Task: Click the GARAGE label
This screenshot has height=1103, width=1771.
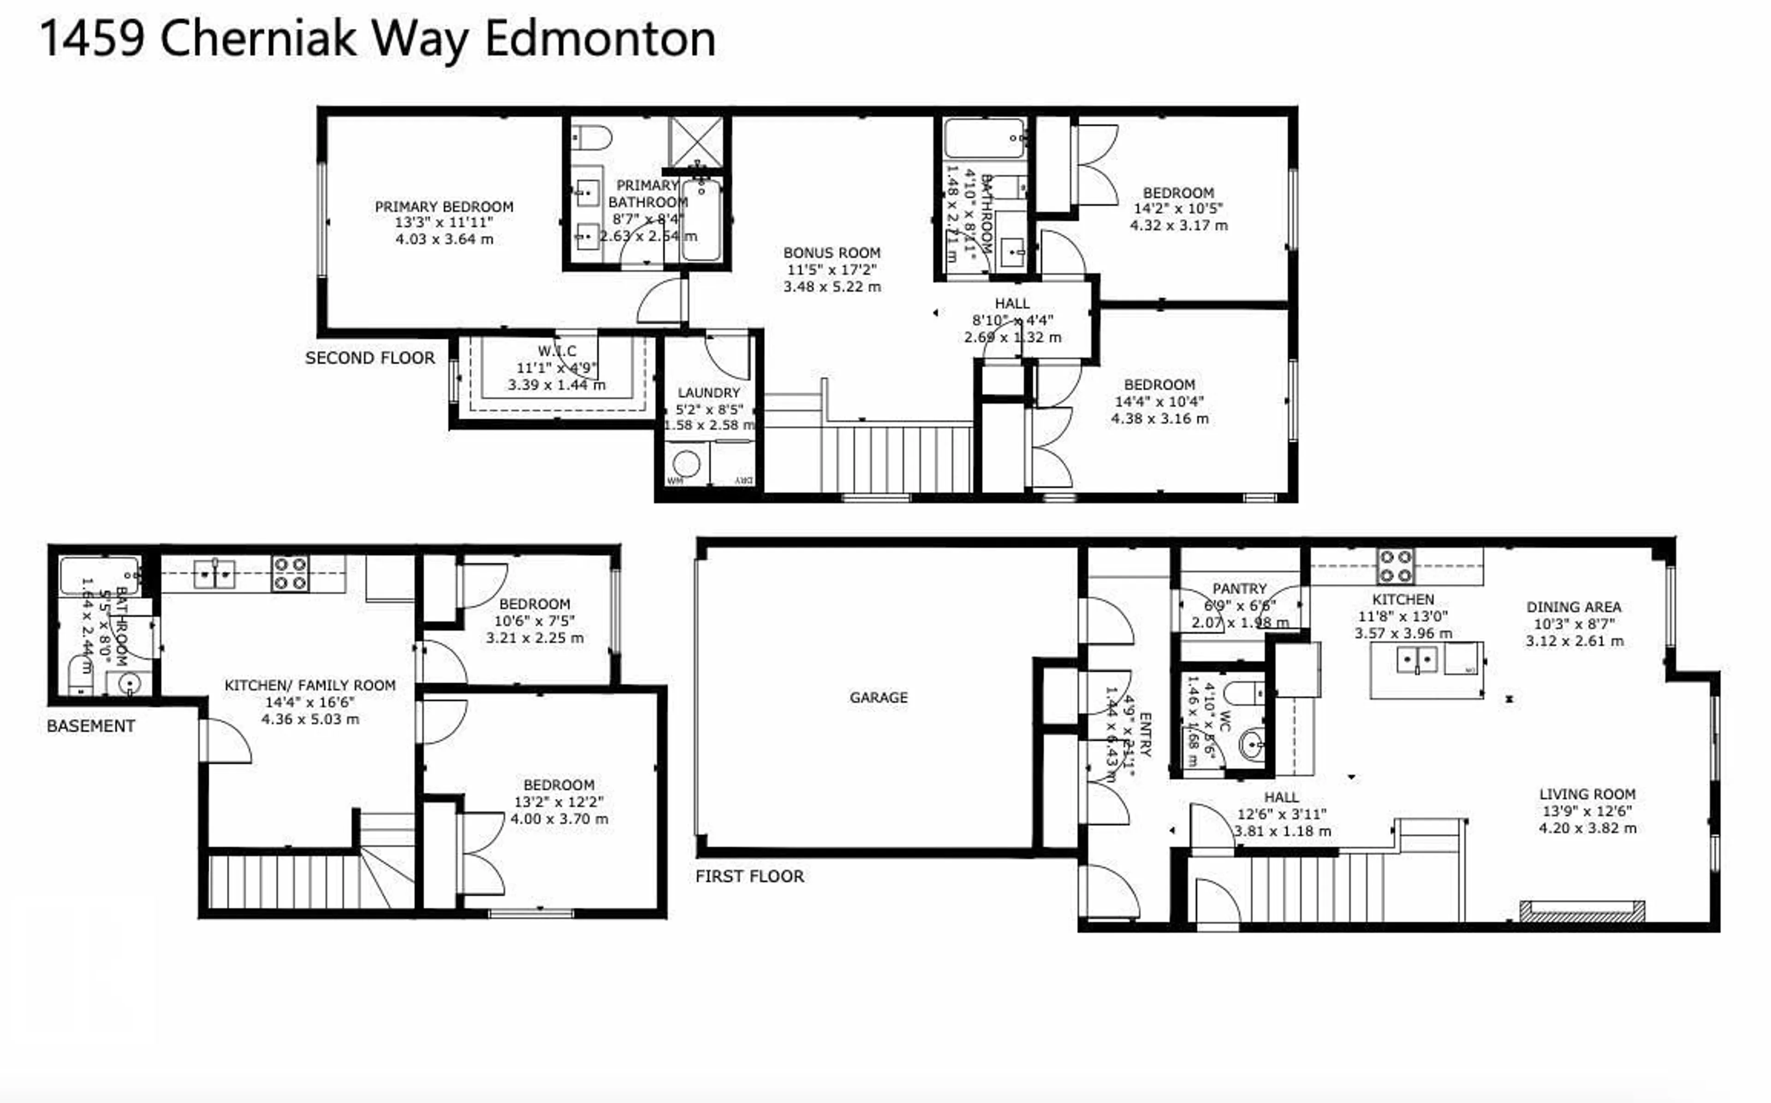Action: pos(879,697)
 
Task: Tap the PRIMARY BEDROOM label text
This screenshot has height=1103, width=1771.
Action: pos(444,207)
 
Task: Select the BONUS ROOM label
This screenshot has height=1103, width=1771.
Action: pos(832,253)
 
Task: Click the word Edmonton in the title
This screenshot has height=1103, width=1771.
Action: pos(600,39)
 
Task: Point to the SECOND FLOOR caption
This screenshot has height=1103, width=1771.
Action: pos(369,358)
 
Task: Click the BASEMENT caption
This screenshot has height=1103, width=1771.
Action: pos(90,726)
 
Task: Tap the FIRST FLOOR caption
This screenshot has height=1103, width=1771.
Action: pos(749,876)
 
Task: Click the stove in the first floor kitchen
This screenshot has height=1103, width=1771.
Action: pos(1395,566)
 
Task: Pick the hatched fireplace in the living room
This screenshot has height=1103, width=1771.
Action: pos(1582,911)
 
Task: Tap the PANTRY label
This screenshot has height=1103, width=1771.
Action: pos(1240,589)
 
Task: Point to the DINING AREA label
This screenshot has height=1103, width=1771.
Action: pos(1573,607)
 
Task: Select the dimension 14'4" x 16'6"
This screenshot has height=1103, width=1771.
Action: pos(309,702)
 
